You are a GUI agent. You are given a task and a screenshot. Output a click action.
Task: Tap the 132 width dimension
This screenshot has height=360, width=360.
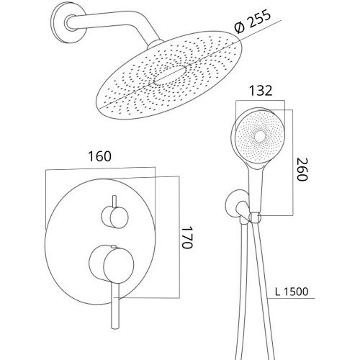(261, 91)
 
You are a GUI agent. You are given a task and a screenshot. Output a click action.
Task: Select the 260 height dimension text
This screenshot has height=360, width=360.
(302, 169)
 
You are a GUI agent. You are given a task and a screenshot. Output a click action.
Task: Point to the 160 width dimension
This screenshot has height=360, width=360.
(100, 156)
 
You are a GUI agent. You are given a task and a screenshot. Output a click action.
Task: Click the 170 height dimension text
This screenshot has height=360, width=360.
(187, 237)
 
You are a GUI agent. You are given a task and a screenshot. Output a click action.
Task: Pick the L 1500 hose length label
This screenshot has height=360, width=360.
(292, 292)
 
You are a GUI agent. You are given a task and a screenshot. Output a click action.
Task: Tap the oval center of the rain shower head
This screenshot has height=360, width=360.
(170, 75)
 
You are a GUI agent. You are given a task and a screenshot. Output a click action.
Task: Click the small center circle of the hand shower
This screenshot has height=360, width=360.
(259, 137)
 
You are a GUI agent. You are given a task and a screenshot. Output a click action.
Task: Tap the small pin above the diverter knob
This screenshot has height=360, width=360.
(114, 201)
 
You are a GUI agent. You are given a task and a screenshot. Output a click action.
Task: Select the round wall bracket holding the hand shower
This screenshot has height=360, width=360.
(236, 204)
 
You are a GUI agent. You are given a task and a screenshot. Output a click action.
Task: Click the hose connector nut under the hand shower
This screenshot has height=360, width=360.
(255, 217)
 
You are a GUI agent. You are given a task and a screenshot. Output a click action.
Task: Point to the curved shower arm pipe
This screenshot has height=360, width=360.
(112, 24)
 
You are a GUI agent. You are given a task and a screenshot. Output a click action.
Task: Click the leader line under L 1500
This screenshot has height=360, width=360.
(291, 299)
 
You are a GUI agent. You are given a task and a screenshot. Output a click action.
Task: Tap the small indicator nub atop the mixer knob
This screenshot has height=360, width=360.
(113, 246)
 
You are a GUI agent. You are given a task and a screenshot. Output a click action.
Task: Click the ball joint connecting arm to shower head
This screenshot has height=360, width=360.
(155, 45)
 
